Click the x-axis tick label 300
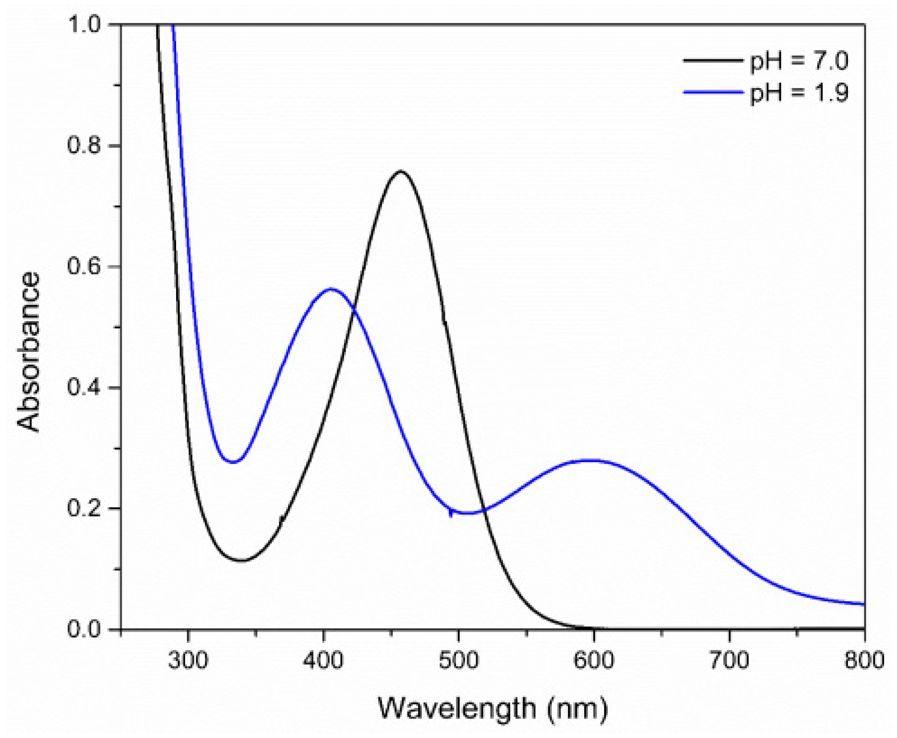click(x=188, y=661)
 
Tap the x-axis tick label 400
click(x=324, y=661)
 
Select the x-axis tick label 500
click(x=459, y=661)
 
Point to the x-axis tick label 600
click(x=594, y=661)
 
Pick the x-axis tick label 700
click(x=729, y=661)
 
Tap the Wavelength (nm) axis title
click(x=493, y=709)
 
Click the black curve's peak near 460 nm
click(x=401, y=171)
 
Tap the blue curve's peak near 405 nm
click(x=331, y=289)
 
